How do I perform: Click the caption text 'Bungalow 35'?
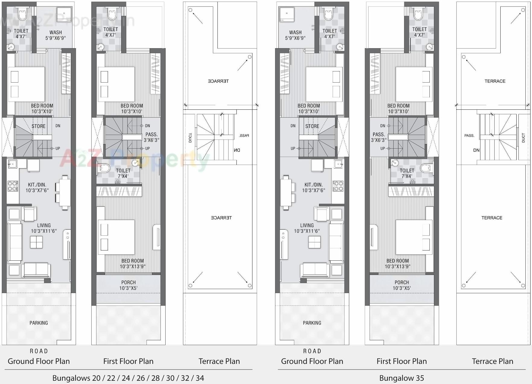tap(401, 378)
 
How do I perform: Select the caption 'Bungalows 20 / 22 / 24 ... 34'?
tap(128, 378)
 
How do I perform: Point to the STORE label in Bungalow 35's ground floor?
tap(312, 126)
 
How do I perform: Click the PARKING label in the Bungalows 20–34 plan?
tap(39, 323)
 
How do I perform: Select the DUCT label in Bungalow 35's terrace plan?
tap(523, 138)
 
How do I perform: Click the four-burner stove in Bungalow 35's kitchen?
tap(338, 186)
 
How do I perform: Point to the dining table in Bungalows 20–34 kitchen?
tap(65, 192)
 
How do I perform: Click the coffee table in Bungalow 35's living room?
tap(314, 242)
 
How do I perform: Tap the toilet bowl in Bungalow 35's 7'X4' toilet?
tap(426, 168)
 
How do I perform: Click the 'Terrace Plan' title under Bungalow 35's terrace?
tap(492, 361)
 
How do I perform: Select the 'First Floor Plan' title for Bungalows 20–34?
tap(128, 361)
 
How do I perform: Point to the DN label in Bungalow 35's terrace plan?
tap(476, 150)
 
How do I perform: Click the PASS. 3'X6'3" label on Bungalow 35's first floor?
tap(378, 137)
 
